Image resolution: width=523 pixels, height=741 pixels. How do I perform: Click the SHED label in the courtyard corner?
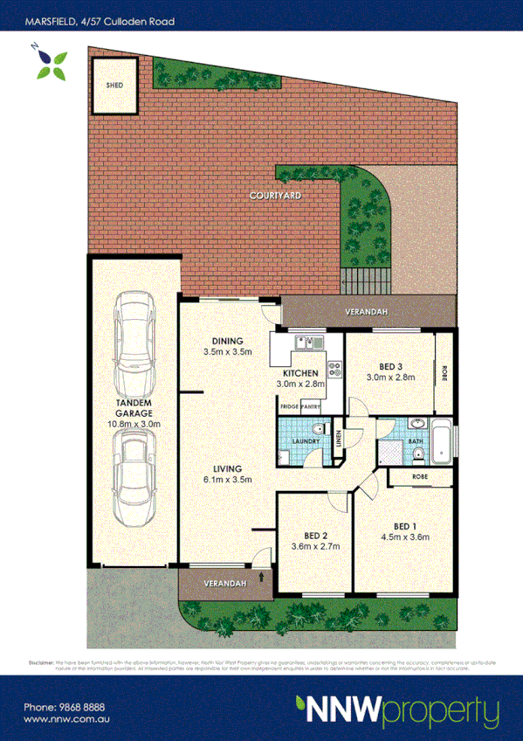point(114,86)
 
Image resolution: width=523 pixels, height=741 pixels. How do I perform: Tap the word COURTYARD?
point(275,197)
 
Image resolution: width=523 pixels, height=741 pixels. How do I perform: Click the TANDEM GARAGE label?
point(134,408)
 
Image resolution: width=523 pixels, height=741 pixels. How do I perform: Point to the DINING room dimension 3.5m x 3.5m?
point(227,352)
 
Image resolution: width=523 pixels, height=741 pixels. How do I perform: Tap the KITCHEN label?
point(301,372)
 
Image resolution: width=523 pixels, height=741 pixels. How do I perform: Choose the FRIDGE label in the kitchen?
point(289,407)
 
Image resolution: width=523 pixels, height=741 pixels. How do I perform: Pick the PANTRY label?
point(312,407)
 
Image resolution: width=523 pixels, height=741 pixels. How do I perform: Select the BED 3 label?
point(390,366)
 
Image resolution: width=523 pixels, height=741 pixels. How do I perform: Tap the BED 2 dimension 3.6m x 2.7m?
point(315,547)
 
